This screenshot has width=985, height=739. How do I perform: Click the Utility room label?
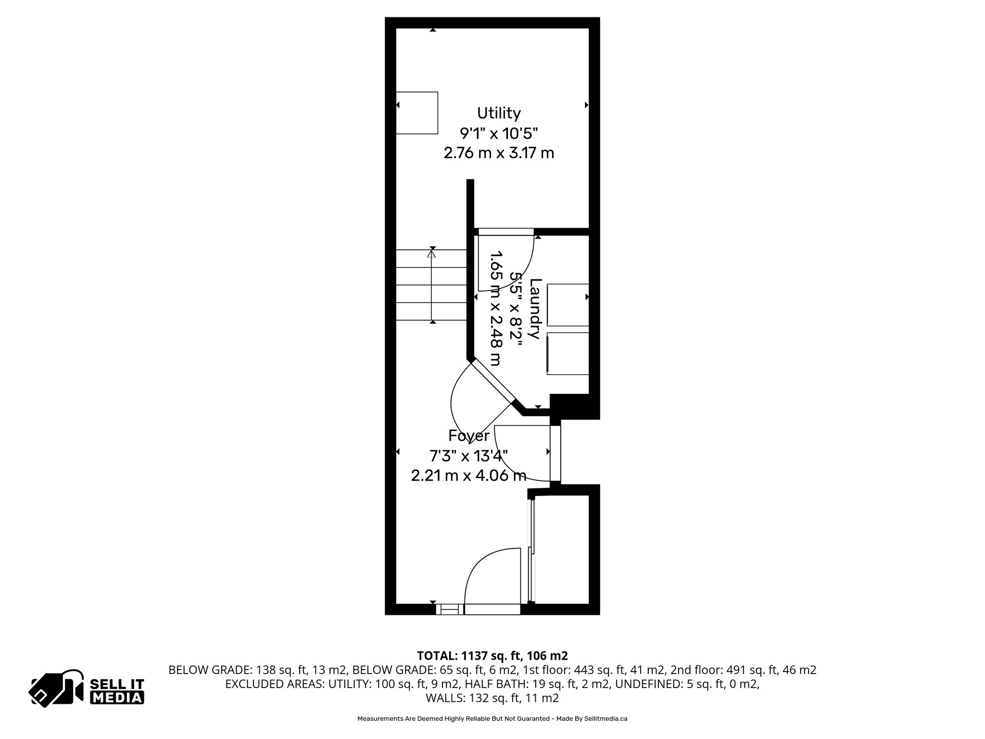pos(499,114)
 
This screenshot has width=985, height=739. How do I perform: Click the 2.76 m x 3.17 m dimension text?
pos(499,153)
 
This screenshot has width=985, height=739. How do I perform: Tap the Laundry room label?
pos(536,309)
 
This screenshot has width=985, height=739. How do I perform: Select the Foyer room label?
pos(469,436)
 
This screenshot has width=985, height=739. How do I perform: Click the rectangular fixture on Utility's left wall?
pos(417,113)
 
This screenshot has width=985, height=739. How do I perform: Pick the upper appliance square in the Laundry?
pos(568,305)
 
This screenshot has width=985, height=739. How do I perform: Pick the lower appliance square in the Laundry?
pos(568,353)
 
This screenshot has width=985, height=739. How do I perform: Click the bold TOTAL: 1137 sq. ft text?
pos(492,656)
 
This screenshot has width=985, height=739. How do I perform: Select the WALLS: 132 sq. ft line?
pos(492,698)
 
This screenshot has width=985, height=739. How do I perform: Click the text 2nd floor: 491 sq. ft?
pos(752,670)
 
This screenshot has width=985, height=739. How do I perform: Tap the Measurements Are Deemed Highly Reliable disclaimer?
pos(492,719)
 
